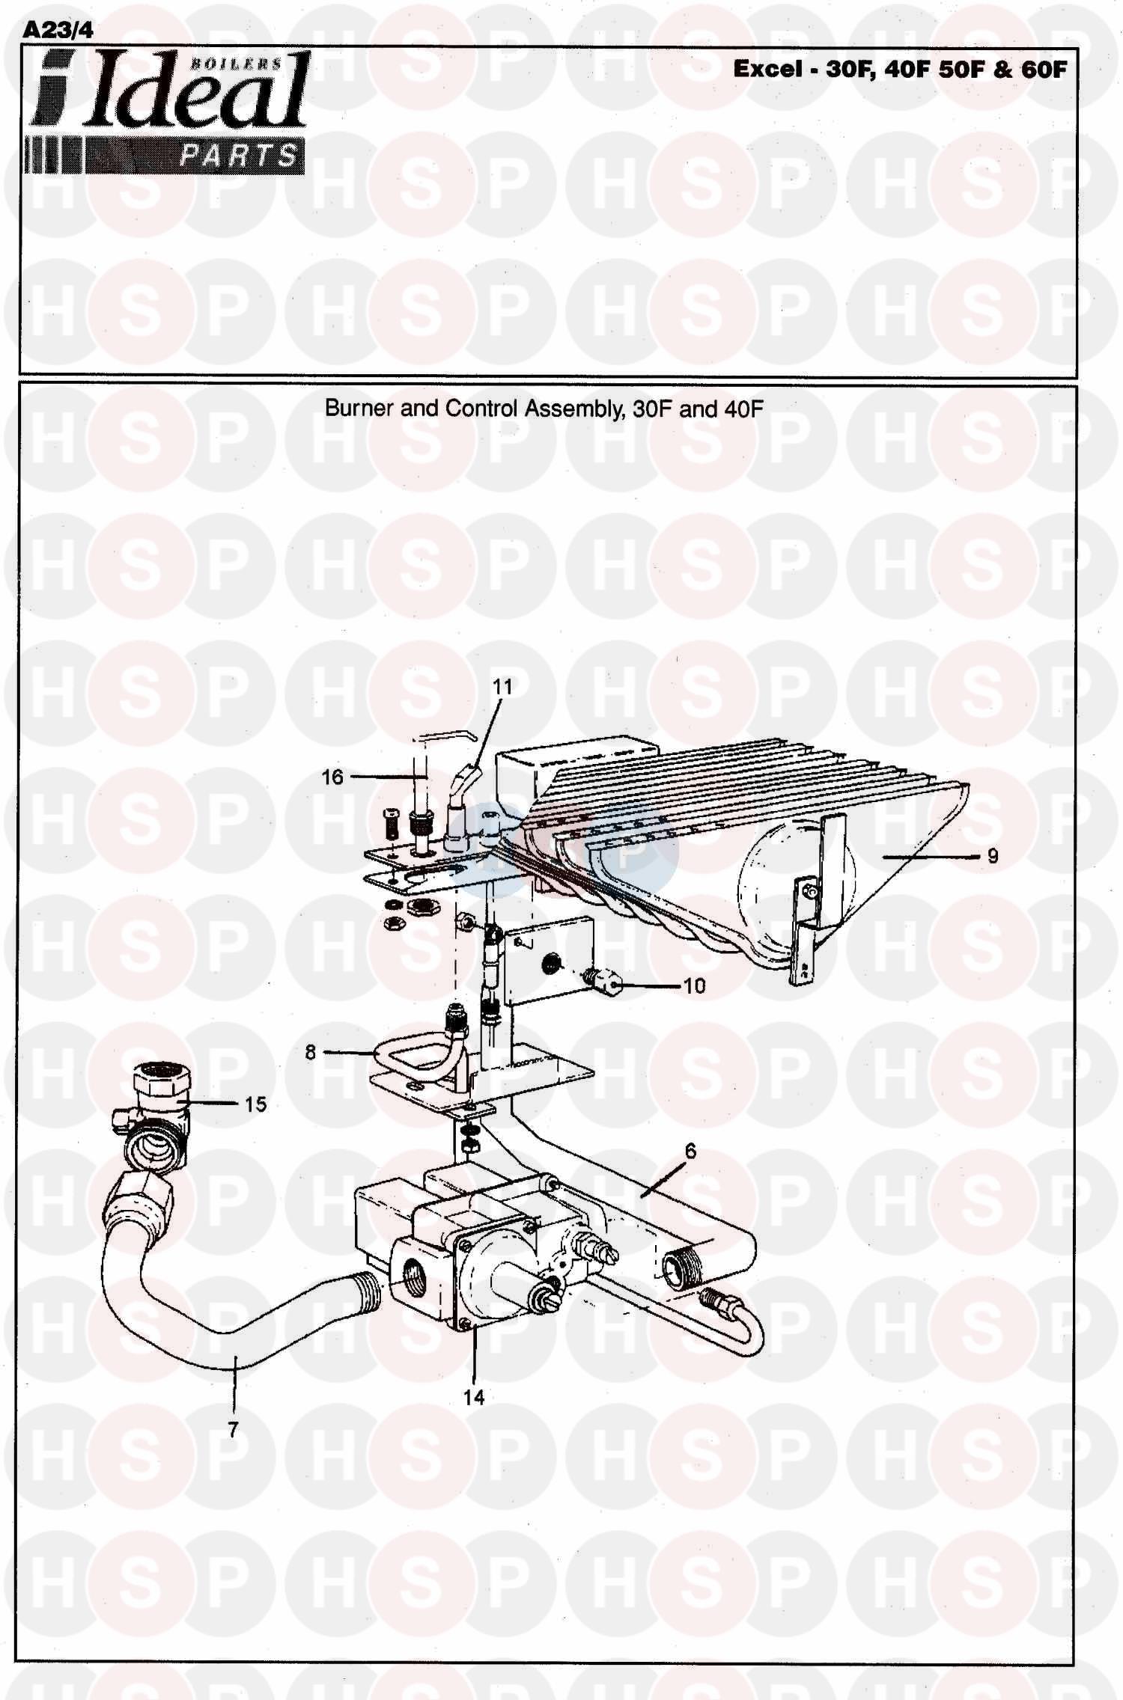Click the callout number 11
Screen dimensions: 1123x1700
pos(502,686)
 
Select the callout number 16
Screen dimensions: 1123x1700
pos(332,777)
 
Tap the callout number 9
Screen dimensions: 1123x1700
pos(993,856)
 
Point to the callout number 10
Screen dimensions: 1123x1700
pos(694,986)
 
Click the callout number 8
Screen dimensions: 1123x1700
pos(311,1053)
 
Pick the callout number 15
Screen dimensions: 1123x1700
pos(256,1104)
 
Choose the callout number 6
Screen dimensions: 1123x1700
pos(690,1152)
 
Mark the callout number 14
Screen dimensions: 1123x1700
pos(474,1397)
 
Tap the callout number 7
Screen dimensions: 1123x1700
pos(233,1430)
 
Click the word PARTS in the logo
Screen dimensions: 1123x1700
pos(239,156)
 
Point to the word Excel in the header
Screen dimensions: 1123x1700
pos(767,70)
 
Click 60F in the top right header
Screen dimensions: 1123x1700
pos(1041,70)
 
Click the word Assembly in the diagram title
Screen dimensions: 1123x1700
pos(572,409)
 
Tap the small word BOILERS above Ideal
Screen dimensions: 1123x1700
pos(235,64)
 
